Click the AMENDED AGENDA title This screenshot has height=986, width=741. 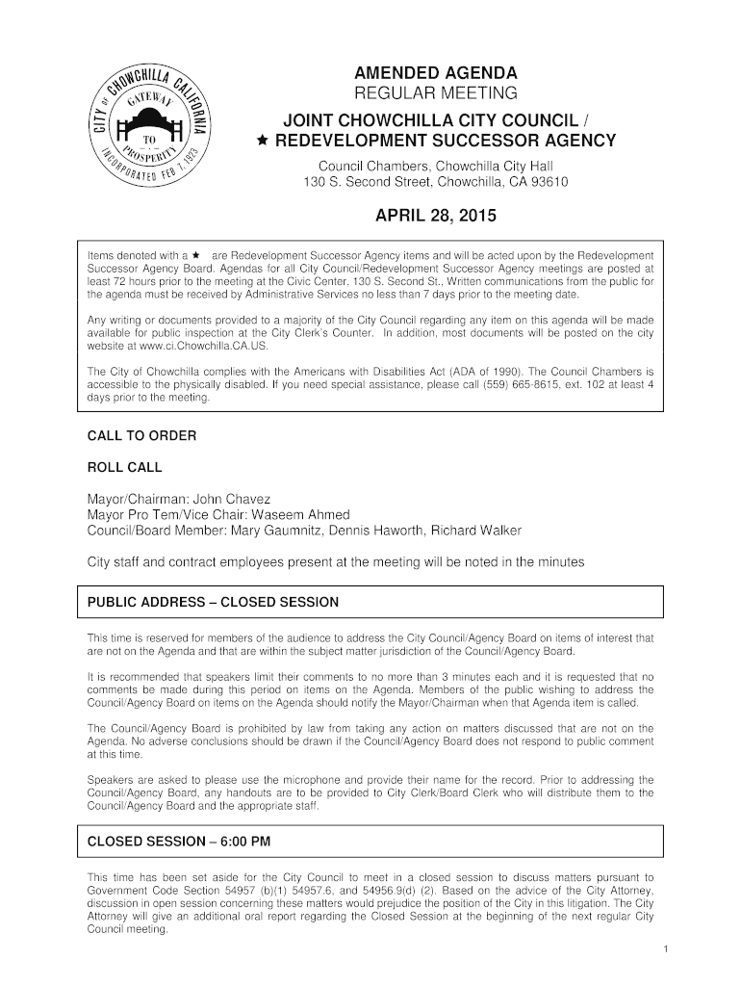tap(436, 73)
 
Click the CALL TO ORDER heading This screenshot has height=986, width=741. tap(141, 436)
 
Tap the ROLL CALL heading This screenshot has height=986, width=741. tap(125, 468)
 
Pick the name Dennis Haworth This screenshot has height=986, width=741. tap(373, 531)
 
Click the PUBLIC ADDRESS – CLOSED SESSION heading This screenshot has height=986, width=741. tap(213, 602)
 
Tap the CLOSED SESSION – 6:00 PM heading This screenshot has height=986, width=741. tap(179, 841)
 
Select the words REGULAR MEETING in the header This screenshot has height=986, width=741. tap(436, 93)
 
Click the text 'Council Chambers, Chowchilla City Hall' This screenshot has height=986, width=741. tap(436, 166)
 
